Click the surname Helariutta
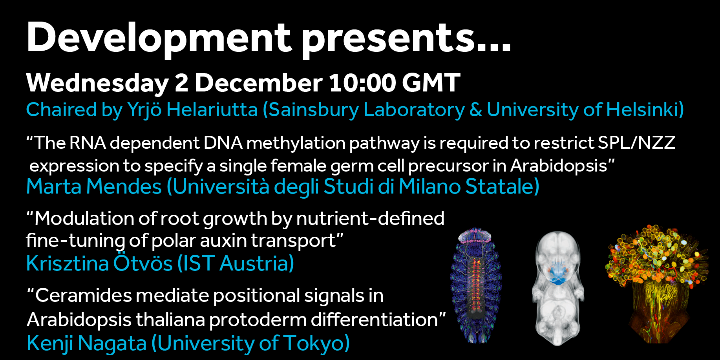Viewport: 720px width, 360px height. click(x=212, y=110)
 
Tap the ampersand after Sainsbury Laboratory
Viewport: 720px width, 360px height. click(x=476, y=110)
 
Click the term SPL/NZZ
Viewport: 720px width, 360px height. click(x=636, y=143)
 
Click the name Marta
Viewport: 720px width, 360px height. click(x=54, y=186)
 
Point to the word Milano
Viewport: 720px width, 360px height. click(x=429, y=186)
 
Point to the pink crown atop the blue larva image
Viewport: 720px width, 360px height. click(x=475, y=235)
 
